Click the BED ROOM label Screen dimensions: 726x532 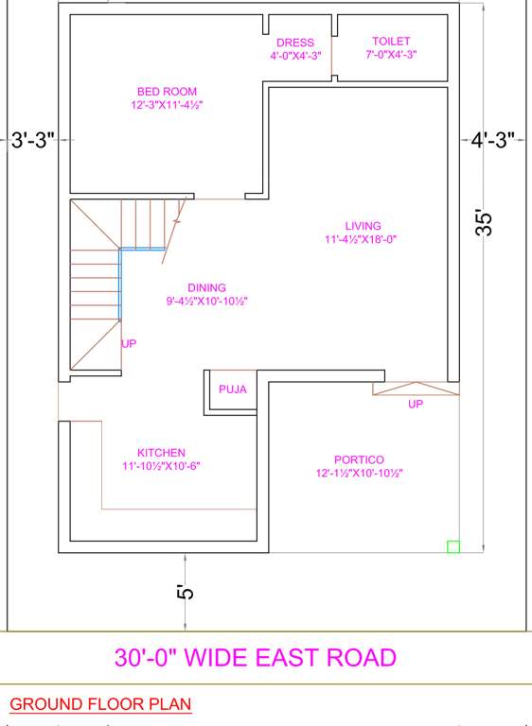click(167, 92)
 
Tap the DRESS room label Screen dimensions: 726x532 click(295, 43)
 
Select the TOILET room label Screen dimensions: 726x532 click(391, 42)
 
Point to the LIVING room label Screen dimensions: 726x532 click(363, 226)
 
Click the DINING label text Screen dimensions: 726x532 click(206, 288)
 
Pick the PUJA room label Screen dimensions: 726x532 click(232, 389)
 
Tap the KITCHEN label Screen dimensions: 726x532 click(161, 453)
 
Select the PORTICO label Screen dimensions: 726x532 click(359, 459)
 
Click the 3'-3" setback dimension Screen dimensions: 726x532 click(33, 141)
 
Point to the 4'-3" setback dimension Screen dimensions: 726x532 click(493, 141)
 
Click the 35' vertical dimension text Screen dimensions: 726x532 click(484, 222)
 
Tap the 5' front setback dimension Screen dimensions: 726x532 click(186, 593)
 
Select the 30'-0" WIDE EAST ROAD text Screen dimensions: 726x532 click(256, 657)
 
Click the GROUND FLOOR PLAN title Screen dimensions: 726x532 click(100, 704)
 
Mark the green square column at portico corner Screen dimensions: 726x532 click(453, 545)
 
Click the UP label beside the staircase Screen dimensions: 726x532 click(129, 343)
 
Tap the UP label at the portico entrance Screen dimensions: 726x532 click(416, 404)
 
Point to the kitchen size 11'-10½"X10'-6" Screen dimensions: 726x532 click(161, 466)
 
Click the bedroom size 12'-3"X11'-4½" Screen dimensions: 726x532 click(168, 105)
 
